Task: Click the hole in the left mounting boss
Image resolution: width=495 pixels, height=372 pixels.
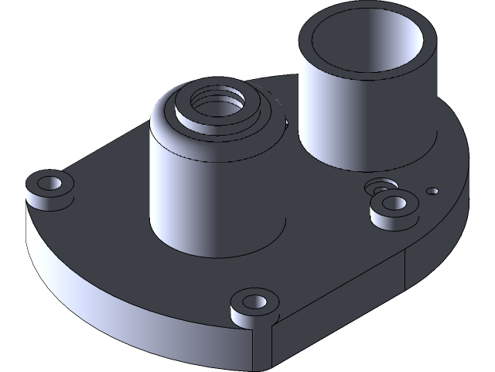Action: [x=50, y=184]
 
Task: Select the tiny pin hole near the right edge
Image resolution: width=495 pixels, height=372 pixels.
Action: [x=434, y=190]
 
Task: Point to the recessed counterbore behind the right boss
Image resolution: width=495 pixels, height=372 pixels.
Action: [x=379, y=187]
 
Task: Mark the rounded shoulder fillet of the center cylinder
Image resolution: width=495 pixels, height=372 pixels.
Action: [x=162, y=124]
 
